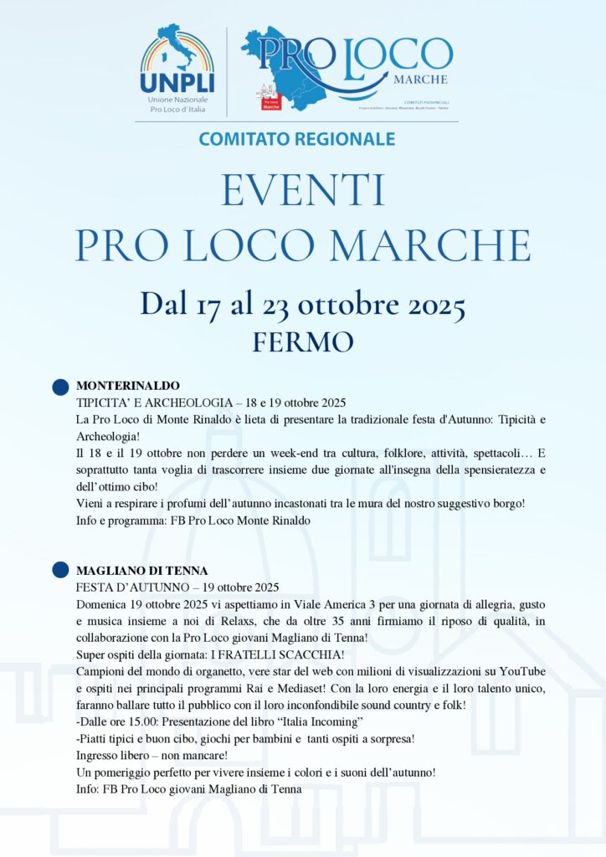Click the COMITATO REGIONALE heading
297,139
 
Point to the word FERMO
302,341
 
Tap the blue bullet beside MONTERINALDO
60,387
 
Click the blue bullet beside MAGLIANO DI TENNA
60,571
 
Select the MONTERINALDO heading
128,386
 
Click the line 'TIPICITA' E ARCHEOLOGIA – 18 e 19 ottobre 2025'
211,403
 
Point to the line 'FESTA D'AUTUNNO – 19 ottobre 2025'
177,587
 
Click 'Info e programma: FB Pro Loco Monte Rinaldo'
193,520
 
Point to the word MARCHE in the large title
435,244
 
